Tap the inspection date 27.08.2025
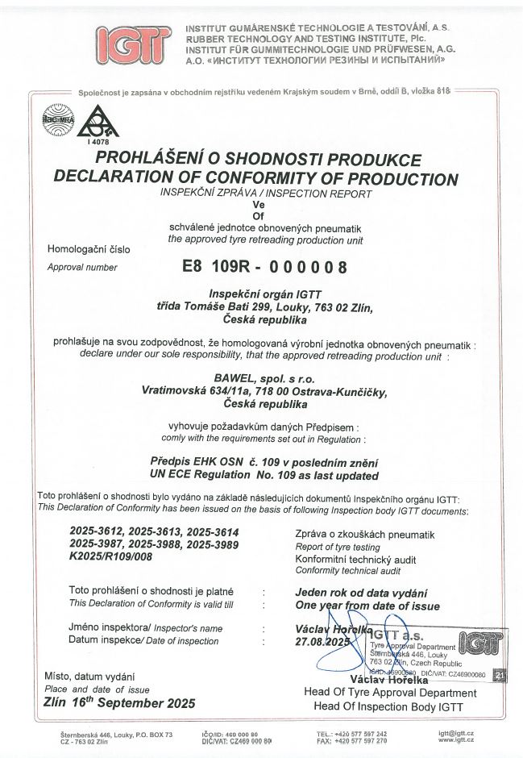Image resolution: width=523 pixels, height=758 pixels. click(x=321, y=642)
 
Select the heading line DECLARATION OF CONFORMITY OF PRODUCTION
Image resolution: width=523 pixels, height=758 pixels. click(x=255, y=179)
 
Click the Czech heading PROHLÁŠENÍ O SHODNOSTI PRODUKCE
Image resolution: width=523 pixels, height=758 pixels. click(x=258, y=160)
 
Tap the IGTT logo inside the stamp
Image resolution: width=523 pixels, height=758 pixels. click(x=482, y=643)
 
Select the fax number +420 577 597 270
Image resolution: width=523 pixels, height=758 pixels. click(x=362, y=740)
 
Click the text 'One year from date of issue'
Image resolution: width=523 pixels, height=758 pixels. click(x=367, y=606)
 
